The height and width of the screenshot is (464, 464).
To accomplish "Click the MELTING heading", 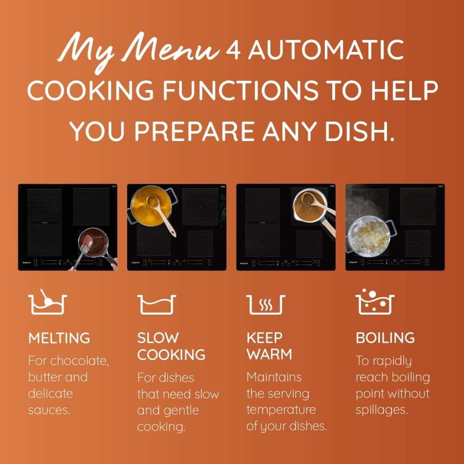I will pyautogui.click(x=59, y=338).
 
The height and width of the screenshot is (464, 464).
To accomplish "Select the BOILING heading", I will pyautogui.click(x=385, y=338).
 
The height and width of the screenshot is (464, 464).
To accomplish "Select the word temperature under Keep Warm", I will pyautogui.click(x=281, y=410).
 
